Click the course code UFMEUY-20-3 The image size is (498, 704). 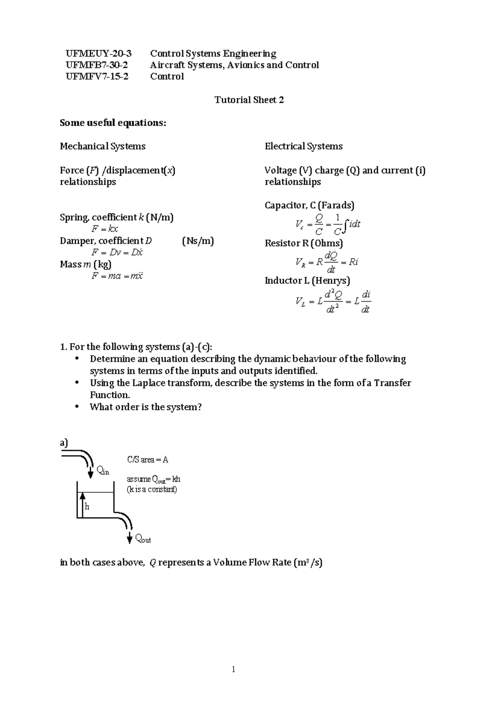(98, 53)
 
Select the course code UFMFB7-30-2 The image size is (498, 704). (97, 65)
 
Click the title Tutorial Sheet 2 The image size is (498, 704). (249, 100)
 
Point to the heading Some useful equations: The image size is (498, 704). (113, 123)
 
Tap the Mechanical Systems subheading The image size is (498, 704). (103, 146)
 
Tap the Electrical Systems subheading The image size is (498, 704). (303, 146)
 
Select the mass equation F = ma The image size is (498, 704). (117, 276)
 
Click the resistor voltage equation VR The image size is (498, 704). (327, 262)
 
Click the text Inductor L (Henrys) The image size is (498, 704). (307, 281)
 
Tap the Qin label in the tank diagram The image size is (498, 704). (103, 471)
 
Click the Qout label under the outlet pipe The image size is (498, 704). (143, 539)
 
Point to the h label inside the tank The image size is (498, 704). (87, 507)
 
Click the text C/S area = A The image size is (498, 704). (147, 459)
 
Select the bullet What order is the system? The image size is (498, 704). (145, 407)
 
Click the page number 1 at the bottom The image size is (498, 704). (234, 669)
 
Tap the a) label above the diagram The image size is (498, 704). (63, 443)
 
